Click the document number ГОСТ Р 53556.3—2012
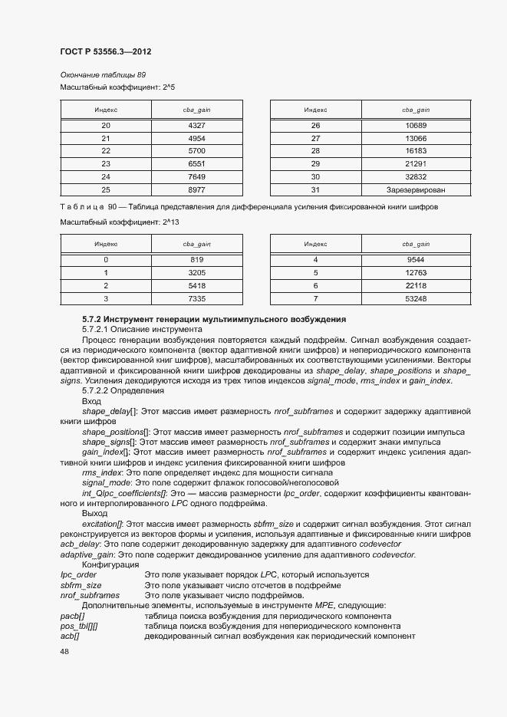pos(106,51)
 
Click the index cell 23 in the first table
pos(106,163)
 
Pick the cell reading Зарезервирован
pos(416,189)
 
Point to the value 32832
pos(416,176)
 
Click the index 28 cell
pos(314,150)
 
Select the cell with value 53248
pos(416,298)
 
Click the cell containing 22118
pos(416,284)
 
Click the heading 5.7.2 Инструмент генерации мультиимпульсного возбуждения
pos(214,318)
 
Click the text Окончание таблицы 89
pos(103,74)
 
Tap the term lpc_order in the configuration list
pos(78,574)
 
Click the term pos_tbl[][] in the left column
pos(79,626)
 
